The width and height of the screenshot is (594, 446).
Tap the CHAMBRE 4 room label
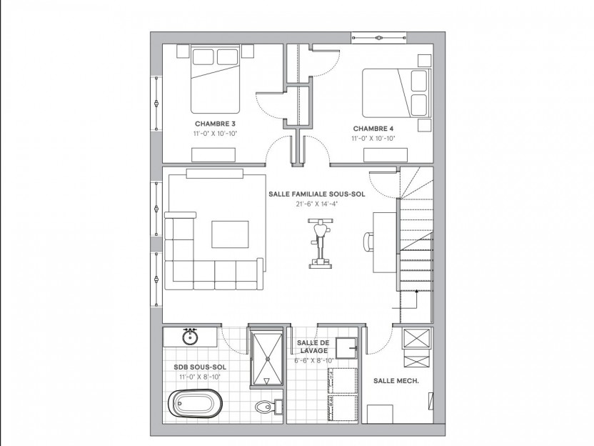(373, 129)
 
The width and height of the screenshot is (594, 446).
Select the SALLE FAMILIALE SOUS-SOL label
(317, 194)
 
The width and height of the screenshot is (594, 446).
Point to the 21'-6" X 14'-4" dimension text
(317, 204)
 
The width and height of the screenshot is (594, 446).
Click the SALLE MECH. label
(396, 381)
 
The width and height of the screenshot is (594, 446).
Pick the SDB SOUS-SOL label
(200, 367)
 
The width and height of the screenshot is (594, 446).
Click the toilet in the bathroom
(269, 407)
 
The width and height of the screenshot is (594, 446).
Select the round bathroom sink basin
(189, 337)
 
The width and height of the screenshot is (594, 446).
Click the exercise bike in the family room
(321, 244)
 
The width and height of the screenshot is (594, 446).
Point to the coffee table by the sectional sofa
(230, 234)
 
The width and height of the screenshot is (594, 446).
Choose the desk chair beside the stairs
(368, 242)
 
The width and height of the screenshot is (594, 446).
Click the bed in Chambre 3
(215, 79)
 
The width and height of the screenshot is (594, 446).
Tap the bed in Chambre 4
(397, 93)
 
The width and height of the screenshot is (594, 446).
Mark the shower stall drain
(268, 357)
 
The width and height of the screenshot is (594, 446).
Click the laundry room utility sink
(346, 348)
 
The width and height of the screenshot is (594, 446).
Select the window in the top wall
(378, 38)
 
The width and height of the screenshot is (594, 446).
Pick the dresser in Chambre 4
(386, 156)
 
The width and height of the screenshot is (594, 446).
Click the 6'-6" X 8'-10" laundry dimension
(313, 361)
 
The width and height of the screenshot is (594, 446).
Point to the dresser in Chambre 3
(213, 156)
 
